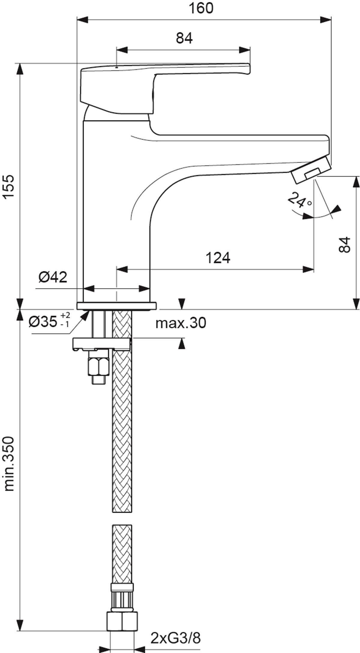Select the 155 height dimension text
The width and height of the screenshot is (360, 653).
[10, 186]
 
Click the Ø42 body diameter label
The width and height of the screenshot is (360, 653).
[53, 277]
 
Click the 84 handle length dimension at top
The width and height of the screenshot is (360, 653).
[184, 38]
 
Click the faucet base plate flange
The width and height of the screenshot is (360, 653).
[116, 306]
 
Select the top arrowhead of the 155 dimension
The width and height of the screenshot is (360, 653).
[20, 69]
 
